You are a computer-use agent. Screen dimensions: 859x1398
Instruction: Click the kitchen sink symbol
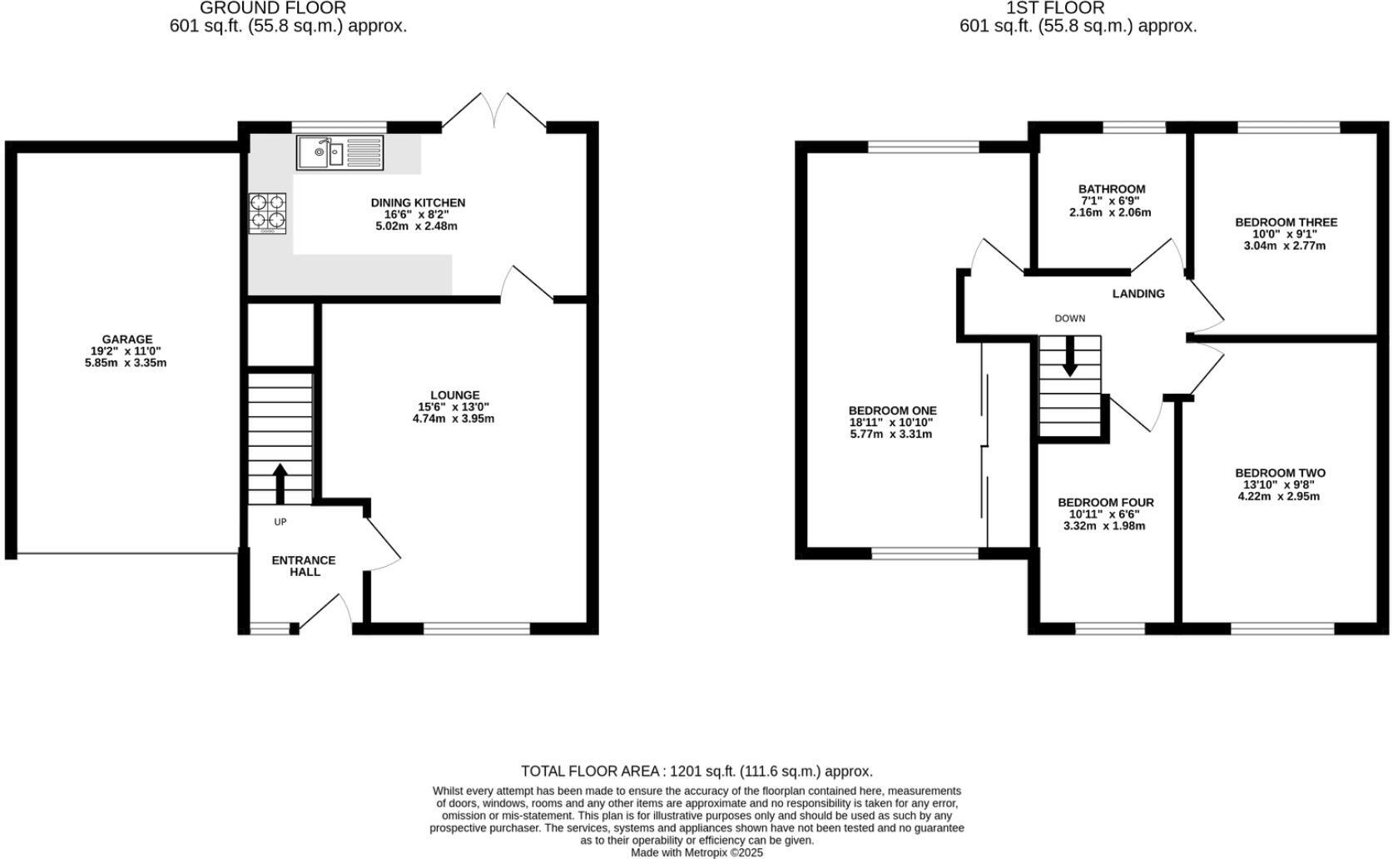tap(340, 153)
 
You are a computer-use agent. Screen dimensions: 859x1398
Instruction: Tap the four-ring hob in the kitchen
tap(268, 212)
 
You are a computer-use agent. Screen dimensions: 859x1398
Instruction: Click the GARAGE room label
tap(127, 339)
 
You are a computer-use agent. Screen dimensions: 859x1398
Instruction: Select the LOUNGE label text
tap(454, 395)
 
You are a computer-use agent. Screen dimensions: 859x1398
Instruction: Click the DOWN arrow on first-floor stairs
tap(1070, 355)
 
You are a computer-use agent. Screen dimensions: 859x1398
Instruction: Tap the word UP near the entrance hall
tap(280, 522)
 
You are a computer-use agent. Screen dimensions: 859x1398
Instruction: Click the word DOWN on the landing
tap(1069, 318)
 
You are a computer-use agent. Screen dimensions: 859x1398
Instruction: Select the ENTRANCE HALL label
tap(304, 566)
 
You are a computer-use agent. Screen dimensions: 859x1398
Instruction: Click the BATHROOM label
tap(1112, 189)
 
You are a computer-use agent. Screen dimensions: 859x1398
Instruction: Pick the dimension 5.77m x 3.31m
tap(891, 434)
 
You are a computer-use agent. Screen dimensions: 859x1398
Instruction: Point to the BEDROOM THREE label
tap(1286, 222)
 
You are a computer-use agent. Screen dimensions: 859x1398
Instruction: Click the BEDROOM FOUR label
tap(1105, 503)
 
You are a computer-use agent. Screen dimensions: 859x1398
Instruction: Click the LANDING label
tap(1138, 294)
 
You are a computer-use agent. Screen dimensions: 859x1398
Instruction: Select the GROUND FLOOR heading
tap(273, 8)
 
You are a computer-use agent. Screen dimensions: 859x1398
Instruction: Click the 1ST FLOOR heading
tap(1055, 8)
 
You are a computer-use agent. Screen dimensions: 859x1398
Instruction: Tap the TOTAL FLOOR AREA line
tap(697, 772)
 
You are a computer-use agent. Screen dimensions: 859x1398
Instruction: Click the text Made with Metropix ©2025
tap(697, 852)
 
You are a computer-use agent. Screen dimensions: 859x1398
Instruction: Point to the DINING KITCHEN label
tap(418, 202)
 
